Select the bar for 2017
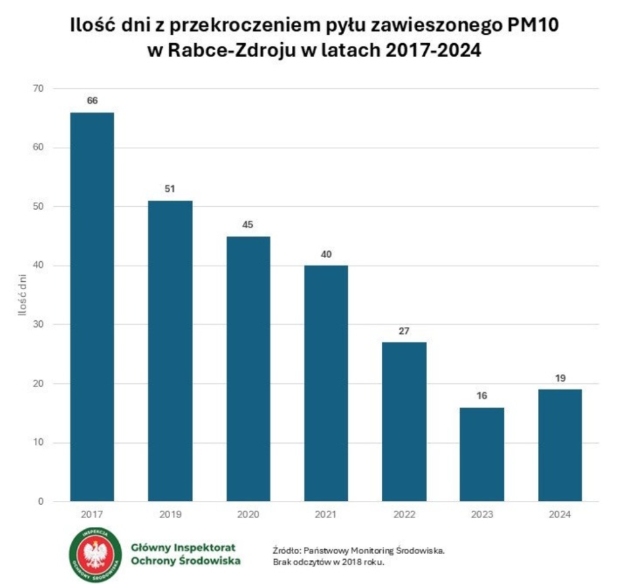pyautogui.click(x=92, y=307)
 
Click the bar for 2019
pyautogui.click(x=170, y=351)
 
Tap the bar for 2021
pyautogui.click(x=326, y=383)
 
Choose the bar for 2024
pyautogui.click(x=560, y=445)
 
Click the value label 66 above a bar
pyautogui.click(x=92, y=101)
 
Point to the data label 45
pyautogui.click(x=248, y=225)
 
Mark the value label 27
pyautogui.click(x=404, y=331)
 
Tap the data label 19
pyautogui.click(x=560, y=378)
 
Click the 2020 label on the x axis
pyautogui.click(x=248, y=514)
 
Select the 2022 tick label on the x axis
pyautogui.click(x=404, y=514)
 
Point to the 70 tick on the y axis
pyautogui.click(x=39, y=89)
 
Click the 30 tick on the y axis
pyautogui.click(x=39, y=325)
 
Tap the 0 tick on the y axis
pyautogui.click(x=41, y=501)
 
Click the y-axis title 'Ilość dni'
pyautogui.click(x=22, y=295)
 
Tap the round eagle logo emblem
pyautogui.click(x=96, y=554)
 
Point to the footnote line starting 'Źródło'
pyautogui.click(x=359, y=550)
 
